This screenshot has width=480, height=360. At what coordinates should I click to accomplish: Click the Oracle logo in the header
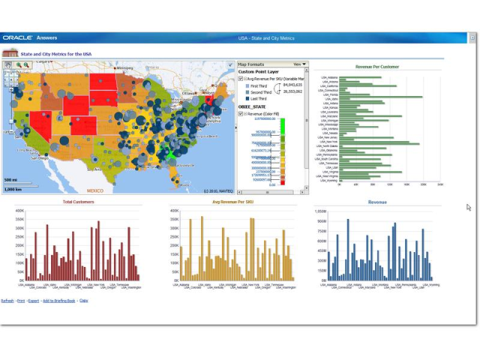tap(16, 37)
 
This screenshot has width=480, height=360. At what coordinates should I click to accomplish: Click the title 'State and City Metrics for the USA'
tap(55, 54)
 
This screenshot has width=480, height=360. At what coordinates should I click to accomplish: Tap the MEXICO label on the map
tap(94, 190)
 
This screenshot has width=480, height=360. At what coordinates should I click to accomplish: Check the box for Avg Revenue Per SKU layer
tap(241, 79)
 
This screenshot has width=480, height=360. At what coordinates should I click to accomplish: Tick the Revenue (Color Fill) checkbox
tap(241, 114)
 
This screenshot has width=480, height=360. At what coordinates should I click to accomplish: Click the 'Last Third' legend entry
tap(257, 98)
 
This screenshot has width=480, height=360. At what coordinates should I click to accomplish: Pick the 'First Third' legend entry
tap(257, 85)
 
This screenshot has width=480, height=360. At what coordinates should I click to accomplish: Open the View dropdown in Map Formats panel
tap(299, 64)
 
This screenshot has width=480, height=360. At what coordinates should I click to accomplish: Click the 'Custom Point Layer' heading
tap(256, 71)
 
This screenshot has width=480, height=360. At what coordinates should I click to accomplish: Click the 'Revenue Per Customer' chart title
tap(376, 67)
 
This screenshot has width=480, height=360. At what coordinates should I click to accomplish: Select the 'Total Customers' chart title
tap(78, 202)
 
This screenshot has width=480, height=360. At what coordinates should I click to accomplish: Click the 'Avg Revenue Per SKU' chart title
tap(232, 202)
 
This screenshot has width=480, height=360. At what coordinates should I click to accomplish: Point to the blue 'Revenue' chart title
tap(377, 202)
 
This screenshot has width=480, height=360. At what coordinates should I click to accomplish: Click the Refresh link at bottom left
tap(7, 300)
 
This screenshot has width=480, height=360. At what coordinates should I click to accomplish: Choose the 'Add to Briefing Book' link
tap(59, 300)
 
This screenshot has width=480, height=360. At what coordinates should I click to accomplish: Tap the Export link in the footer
tap(34, 300)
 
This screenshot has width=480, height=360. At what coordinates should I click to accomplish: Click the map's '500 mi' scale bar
tap(12, 181)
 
